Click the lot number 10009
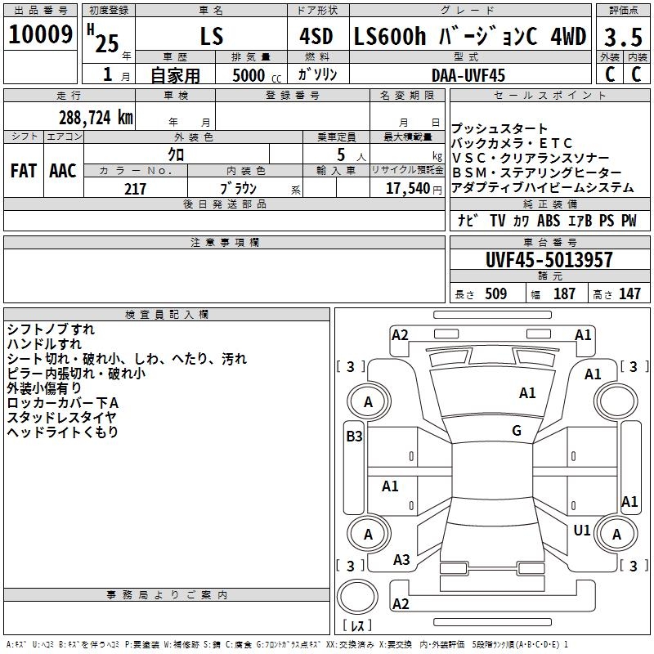point(42,35)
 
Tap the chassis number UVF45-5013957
point(549,261)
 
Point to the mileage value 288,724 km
point(96,118)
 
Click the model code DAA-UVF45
point(468,75)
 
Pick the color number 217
point(135,189)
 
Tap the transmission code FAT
point(24,171)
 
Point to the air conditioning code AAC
point(62,171)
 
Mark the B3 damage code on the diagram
point(354,437)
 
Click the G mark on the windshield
point(517,431)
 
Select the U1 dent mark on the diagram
point(582,531)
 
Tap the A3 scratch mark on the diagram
point(401,560)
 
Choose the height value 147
point(629,294)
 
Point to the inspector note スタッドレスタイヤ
point(61,418)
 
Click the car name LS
point(212,37)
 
